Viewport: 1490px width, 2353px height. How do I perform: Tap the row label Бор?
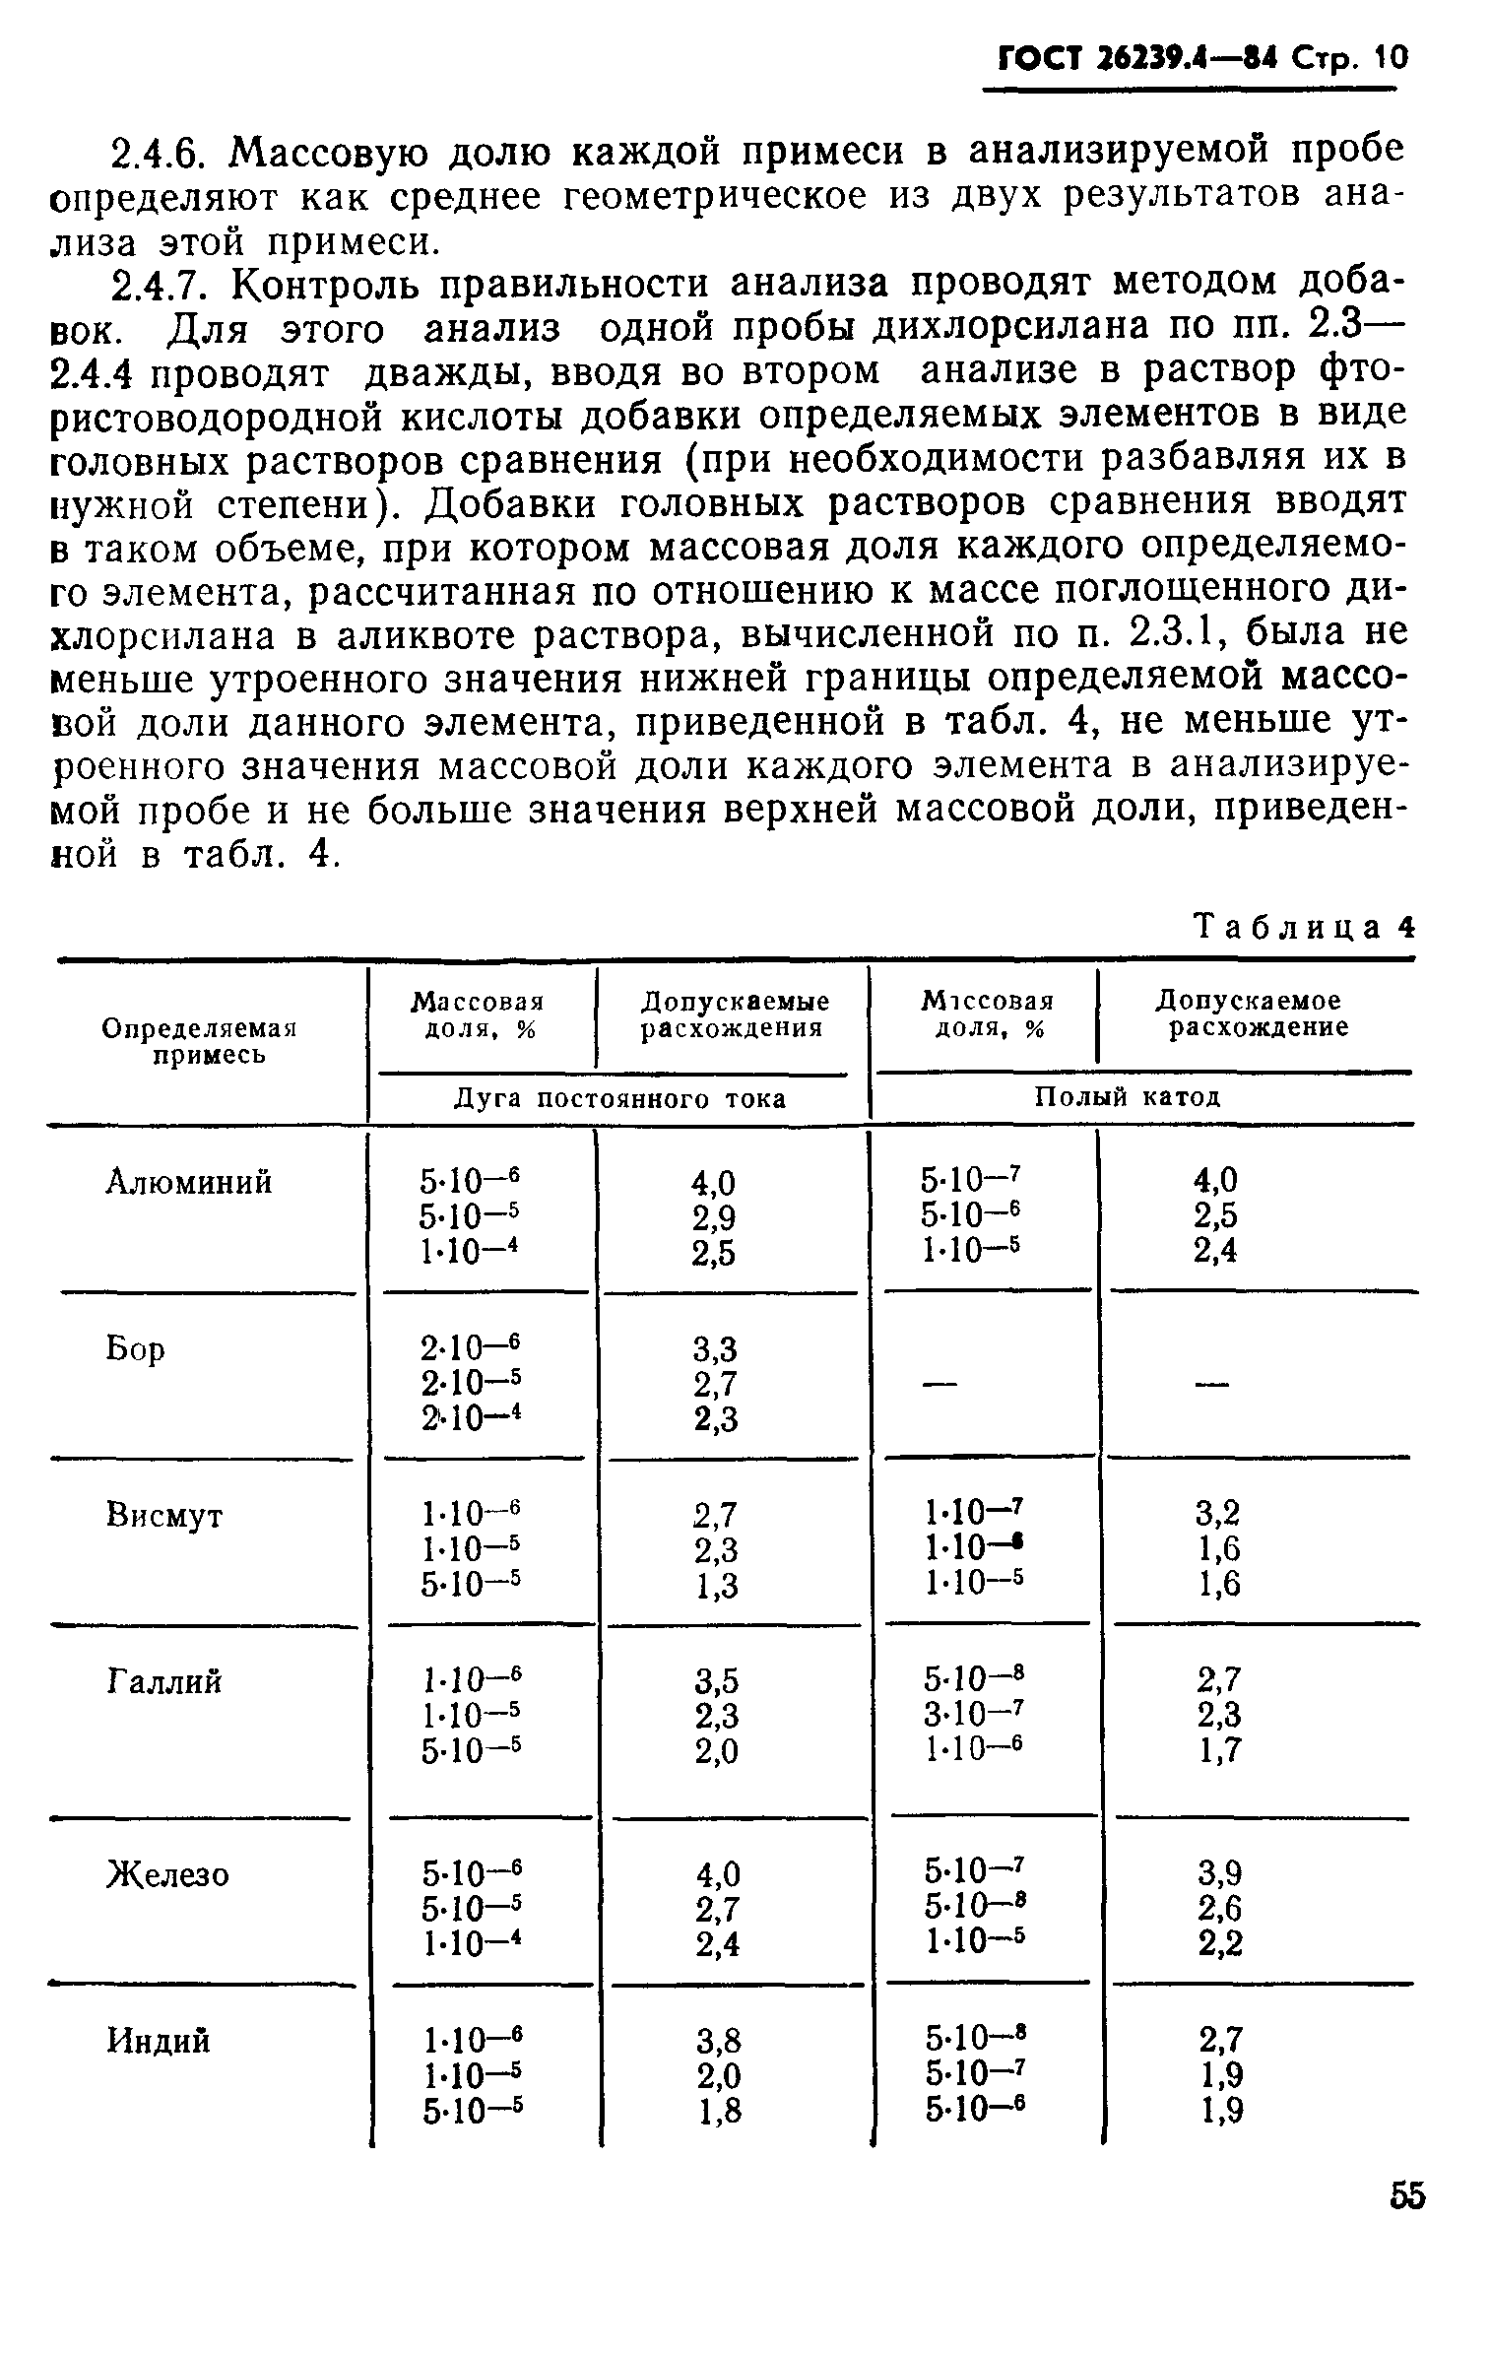click(135, 1347)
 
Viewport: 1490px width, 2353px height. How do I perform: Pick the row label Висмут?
click(163, 1515)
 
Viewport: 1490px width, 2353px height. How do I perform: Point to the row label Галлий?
click(163, 1681)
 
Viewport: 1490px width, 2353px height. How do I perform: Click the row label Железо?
click(167, 1873)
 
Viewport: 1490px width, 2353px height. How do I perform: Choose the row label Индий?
click(158, 2041)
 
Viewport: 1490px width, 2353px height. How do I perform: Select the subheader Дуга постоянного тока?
click(619, 1098)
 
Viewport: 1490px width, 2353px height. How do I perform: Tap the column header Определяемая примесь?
click(200, 1041)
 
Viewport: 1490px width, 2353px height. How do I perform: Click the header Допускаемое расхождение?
click(1250, 1014)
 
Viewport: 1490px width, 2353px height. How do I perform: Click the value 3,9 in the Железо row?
click(1219, 1872)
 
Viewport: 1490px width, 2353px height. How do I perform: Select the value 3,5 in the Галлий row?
click(716, 1679)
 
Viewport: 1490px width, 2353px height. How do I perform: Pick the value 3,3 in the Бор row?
click(716, 1347)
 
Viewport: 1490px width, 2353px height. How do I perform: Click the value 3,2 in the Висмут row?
click(1219, 1512)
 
